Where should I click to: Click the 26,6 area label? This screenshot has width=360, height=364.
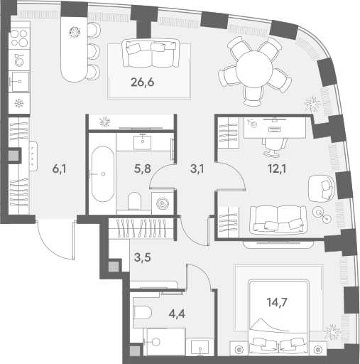[142, 82]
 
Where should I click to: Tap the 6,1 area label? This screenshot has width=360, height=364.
[59, 169]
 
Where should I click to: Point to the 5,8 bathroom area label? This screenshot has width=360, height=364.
[143, 169]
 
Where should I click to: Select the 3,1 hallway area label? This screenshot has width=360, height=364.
[197, 169]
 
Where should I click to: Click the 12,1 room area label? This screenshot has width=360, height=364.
[277, 169]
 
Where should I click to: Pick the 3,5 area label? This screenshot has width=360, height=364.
[143, 257]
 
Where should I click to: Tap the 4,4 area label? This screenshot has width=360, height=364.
[177, 314]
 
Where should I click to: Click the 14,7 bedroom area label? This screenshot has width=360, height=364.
[277, 302]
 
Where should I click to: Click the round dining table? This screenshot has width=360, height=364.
[254, 69]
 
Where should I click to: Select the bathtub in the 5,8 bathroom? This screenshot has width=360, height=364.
[103, 174]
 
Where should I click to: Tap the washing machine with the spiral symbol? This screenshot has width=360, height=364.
[163, 203]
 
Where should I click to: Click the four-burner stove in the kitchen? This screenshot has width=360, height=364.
[19, 38]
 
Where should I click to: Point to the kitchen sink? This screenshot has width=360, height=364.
[19, 82]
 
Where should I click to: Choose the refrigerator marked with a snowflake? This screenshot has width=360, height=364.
[19, 104]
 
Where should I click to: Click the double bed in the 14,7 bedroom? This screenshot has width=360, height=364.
[278, 318]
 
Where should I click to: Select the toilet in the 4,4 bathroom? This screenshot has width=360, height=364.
[143, 312]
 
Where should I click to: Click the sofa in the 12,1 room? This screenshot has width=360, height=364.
[278, 220]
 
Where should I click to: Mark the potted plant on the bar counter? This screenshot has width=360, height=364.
[75, 32]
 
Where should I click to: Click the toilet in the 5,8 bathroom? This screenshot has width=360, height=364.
[134, 200]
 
